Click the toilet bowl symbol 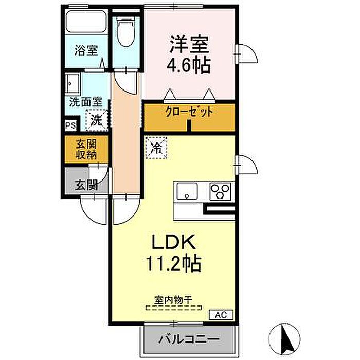click(125, 32)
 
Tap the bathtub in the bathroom click(86, 22)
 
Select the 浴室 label click(86, 50)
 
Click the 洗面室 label click(86, 102)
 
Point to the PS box click(70, 125)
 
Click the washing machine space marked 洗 click(97, 120)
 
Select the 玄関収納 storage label click(86, 150)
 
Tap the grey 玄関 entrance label click(86, 185)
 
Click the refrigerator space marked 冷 click(156, 148)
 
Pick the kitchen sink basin click(187, 191)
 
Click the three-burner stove click(221, 191)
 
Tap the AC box click(221, 315)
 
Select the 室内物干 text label click(173, 300)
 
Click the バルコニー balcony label click(189, 339)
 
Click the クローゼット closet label click(189, 112)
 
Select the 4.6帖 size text click(189, 65)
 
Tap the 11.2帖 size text click(174, 263)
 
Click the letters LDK click(174, 242)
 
